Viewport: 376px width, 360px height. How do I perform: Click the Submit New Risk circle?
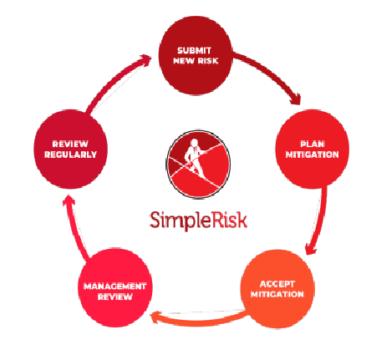[x=196, y=55]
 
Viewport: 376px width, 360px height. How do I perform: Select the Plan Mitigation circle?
[x=312, y=149]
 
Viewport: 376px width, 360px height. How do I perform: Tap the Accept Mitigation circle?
[x=277, y=289]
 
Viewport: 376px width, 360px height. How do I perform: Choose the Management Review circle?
[x=115, y=287]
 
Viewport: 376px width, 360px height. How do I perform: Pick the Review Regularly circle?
[x=70, y=150]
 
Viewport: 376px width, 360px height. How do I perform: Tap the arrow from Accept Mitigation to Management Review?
[x=199, y=322]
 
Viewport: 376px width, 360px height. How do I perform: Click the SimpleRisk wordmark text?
[x=198, y=220]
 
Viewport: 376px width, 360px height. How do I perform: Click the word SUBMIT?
[x=195, y=50]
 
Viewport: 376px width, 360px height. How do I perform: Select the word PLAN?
[x=312, y=144]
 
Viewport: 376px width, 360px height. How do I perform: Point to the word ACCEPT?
[x=277, y=284]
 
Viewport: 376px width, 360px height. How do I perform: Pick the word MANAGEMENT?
[x=115, y=286]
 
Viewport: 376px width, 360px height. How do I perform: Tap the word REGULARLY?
[x=70, y=155]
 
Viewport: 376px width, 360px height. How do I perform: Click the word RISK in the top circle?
[x=208, y=60]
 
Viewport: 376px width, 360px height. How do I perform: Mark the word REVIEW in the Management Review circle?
[x=115, y=297]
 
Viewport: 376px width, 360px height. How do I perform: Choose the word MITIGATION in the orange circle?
[x=277, y=294]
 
